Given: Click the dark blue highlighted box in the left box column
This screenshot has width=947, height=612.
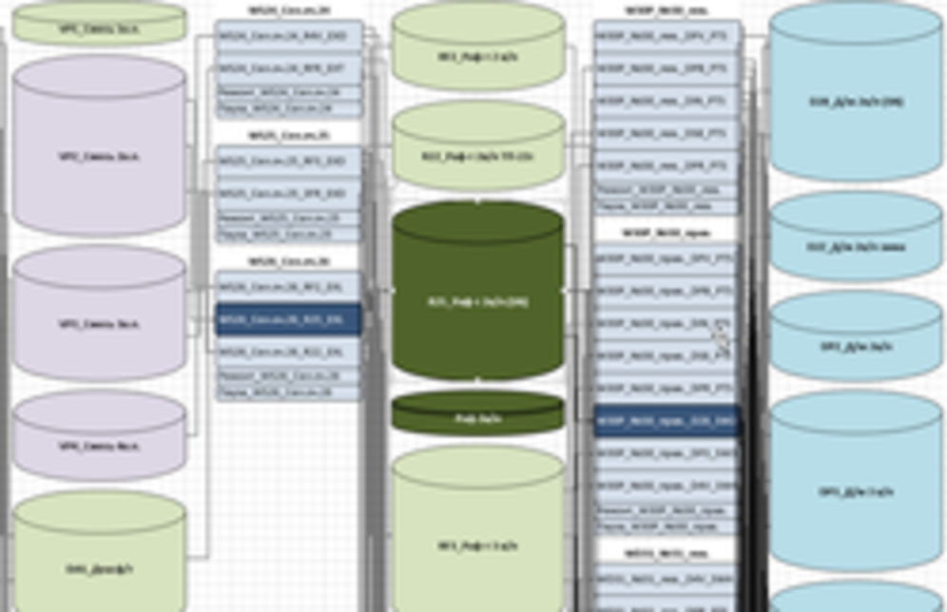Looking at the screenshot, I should click(289, 320).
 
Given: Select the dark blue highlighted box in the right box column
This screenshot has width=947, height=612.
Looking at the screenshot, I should click(666, 421).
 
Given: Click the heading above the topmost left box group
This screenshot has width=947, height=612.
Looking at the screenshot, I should click(289, 10).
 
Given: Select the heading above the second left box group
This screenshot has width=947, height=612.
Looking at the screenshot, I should click(289, 136).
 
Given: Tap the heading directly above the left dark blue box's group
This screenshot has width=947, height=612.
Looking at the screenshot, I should click(289, 261).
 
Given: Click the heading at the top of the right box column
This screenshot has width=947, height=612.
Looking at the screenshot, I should click(666, 10).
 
